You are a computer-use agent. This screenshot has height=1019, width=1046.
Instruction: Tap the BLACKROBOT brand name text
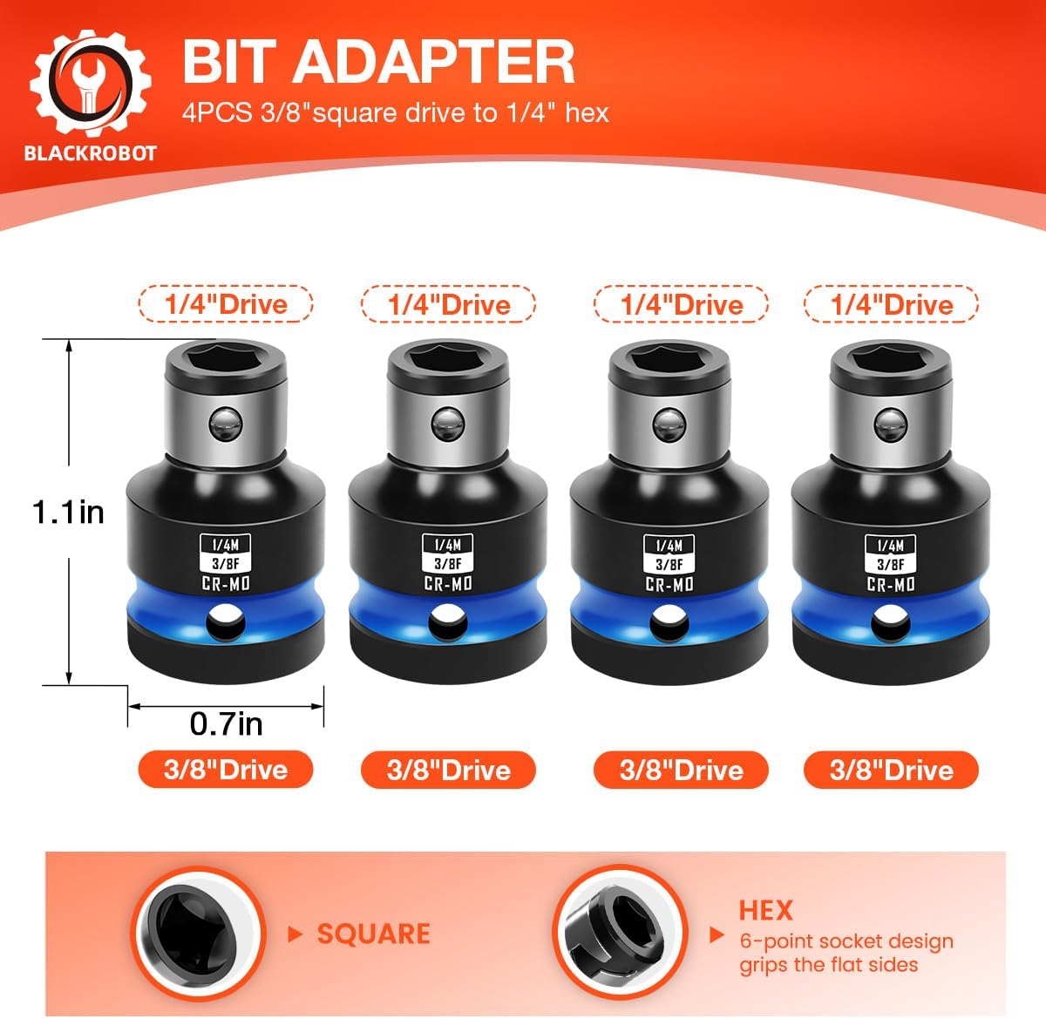coord(91,153)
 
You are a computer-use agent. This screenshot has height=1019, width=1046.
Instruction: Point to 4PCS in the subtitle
coord(217,113)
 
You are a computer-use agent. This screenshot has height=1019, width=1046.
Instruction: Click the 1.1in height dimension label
coord(68,512)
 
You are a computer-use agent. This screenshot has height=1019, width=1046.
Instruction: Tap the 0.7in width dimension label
coord(227,724)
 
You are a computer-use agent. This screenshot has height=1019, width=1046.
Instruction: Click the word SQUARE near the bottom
coord(374,934)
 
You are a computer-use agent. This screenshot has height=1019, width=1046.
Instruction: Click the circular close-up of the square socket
coord(198,934)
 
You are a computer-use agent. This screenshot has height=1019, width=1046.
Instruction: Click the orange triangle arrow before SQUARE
coord(295,934)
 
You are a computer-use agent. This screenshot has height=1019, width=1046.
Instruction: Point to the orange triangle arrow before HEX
coord(716,934)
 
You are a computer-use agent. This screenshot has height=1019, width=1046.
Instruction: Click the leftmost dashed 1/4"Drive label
coord(226,304)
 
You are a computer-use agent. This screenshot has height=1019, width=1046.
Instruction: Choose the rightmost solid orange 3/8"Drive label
coord(891,770)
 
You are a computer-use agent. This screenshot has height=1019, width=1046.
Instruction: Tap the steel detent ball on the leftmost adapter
coord(226,424)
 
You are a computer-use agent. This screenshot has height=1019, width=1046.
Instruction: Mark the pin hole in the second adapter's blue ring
coord(448,622)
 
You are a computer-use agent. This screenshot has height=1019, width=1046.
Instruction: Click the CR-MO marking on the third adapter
coord(669,585)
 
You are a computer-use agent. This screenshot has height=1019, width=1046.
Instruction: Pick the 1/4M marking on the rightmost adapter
coord(891,546)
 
